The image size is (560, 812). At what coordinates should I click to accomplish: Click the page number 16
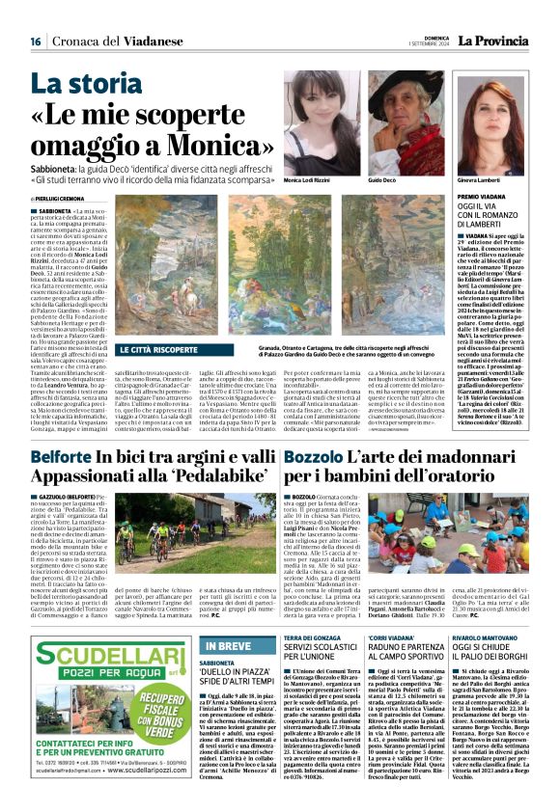(35, 41)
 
